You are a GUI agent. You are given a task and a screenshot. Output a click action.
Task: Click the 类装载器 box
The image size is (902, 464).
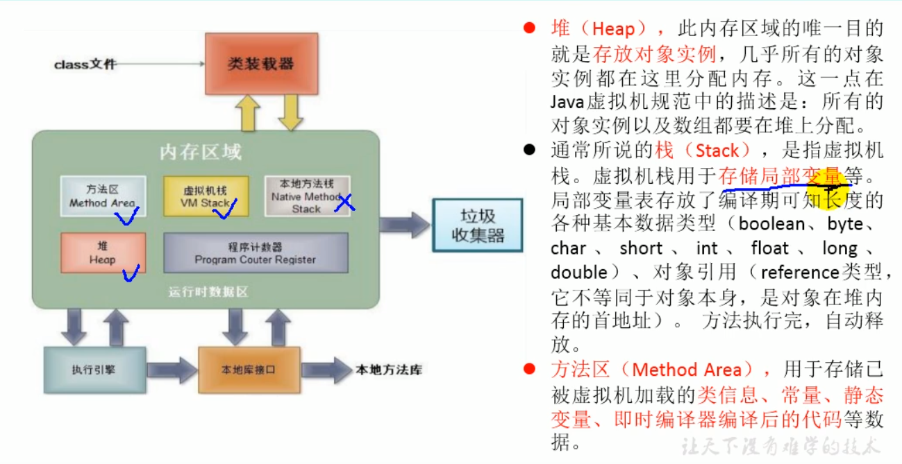point(261,64)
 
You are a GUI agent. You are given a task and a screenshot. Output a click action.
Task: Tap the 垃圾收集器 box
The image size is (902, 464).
point(477,225)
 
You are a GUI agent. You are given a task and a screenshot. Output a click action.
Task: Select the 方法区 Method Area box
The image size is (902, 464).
point(103,196)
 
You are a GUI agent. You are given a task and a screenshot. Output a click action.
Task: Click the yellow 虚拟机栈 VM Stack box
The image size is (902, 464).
point(205,196)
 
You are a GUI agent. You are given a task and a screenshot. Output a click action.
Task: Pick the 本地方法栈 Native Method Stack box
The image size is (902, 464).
point(306,196)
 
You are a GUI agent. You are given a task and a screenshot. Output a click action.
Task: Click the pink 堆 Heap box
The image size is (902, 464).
point(103,252)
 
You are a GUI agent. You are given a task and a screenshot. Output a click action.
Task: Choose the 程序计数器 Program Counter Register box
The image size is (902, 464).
point(256,252)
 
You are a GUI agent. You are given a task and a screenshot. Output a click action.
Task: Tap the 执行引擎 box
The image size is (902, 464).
point(94,370)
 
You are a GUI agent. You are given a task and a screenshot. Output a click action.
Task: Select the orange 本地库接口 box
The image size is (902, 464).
point(249,370)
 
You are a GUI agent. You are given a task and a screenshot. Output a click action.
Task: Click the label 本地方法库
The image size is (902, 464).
point(388,370)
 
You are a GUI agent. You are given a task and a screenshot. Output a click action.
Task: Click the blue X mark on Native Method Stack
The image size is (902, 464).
point(344,202)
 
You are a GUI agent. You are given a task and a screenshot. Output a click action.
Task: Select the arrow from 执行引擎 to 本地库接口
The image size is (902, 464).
point(172,370)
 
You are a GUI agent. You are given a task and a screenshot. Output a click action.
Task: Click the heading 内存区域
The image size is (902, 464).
point(201,152)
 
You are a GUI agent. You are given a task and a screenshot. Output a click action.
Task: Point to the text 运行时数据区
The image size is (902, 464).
point(208,292)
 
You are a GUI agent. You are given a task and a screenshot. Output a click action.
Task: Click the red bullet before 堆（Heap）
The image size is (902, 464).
point(530,28)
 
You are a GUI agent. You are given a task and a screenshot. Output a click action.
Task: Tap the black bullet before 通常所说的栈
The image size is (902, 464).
point(530,151)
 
